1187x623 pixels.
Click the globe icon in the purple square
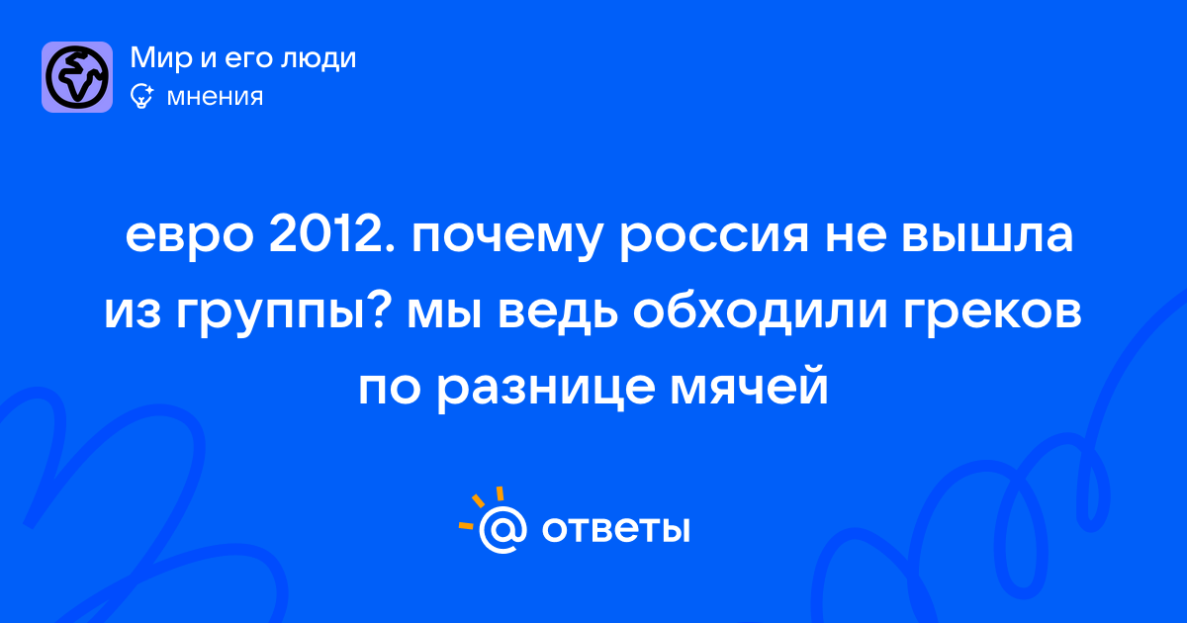point(77,77)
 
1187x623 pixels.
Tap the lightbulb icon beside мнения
point(141,96)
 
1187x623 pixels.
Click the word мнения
point(215,97)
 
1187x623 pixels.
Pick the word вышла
point(987,236)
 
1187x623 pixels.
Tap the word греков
point(992,315)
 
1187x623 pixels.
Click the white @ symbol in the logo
point(502,529)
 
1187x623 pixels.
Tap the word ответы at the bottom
point(615,529)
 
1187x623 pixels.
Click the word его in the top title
point(250,61)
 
